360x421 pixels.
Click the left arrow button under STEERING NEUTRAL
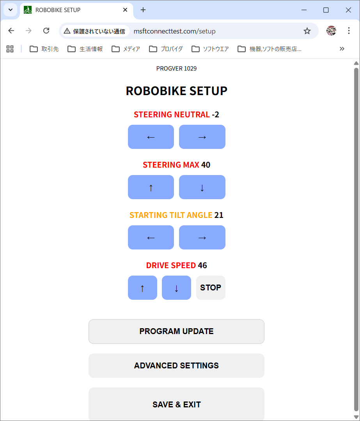(x=151, y=137)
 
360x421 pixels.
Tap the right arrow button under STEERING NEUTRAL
(x=202, y=137)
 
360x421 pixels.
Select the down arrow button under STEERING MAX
(x=202, y=187)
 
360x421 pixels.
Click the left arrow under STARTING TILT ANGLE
(x=151, y=237)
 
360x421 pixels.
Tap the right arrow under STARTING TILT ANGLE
(x=202, y=237)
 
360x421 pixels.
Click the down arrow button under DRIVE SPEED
(x=176, y=288)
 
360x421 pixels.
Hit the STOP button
(x=211, y=288)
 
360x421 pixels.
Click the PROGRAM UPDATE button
(x=177, y=331)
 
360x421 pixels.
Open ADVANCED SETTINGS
(x=177, y=365)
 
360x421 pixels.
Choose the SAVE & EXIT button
(x=177, y=404)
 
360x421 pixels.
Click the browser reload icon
(x=46, y=31)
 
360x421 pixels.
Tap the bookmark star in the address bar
(x=307, y=31)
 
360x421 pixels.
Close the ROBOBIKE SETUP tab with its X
(x=125, y=10)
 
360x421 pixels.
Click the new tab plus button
(x=143, y=10)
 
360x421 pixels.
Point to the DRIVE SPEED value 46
(x=202, y=265)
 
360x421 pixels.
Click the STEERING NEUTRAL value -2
(x=215, y=115)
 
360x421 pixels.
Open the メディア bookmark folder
(x=126, y=49)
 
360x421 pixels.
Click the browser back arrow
(x=11, y=31)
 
